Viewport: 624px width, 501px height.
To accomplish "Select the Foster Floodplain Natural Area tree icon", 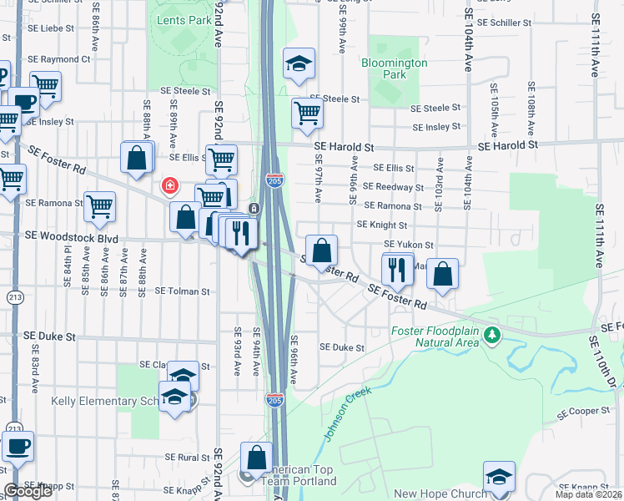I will [493, 335].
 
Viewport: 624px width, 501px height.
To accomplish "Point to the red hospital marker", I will [169, 185].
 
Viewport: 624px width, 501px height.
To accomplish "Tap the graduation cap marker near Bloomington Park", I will [298, 64].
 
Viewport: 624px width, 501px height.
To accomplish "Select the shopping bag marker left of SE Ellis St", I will [137, 156].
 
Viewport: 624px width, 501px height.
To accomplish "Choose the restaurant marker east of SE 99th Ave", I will [396, 268].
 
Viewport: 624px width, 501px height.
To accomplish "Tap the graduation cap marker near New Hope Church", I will [499, 476].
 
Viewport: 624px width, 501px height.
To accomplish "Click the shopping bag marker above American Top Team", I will [256, 458].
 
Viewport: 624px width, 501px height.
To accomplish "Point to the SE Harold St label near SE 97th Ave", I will [344, 147].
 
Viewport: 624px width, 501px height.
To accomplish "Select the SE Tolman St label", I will [183, 291].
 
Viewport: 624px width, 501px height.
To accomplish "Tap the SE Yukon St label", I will [408, 245].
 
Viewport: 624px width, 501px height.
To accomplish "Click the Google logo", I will [28, 490].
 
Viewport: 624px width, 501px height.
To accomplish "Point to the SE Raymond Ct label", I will [58, 60].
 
